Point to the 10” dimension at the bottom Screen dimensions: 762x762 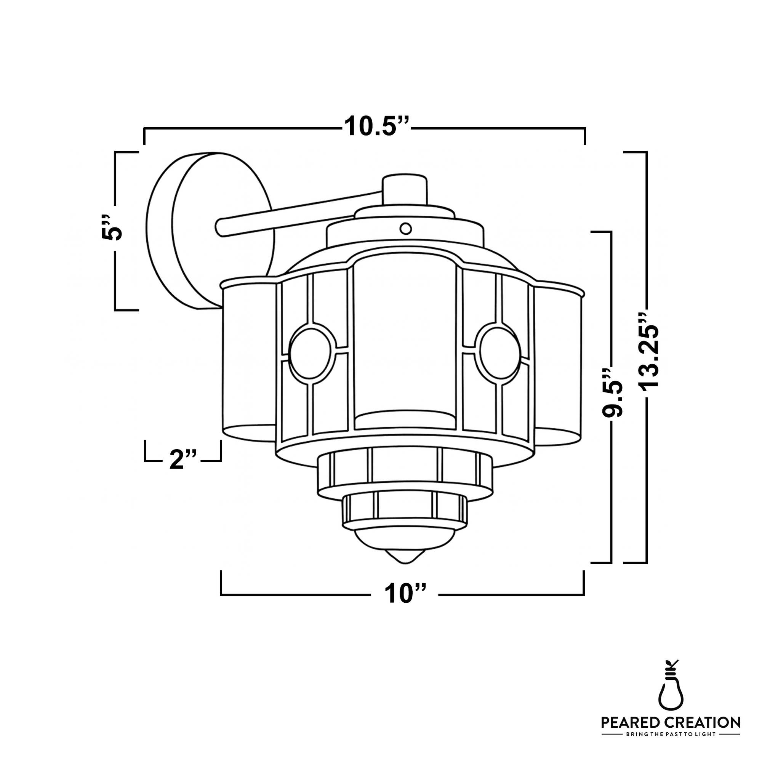[x=405, y=594]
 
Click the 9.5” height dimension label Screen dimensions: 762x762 [x=613, y=394]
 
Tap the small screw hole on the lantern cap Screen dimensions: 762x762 [x=405, y=228]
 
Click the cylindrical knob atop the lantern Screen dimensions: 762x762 [x=405, y=190]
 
